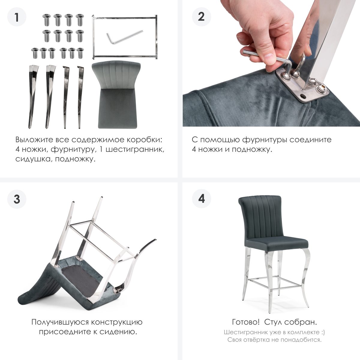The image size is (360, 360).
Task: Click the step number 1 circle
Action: pyautogui.click(x=17, y=17)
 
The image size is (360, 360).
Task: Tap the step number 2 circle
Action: pyautogui.click(x=201, y=17)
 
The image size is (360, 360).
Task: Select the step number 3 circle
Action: pyautogui.click(x=17, y=199)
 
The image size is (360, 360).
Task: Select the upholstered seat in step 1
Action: pyautogui.click(x=116, y=95)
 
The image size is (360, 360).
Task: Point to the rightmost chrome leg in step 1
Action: pyautogui.click(x=80, y=97)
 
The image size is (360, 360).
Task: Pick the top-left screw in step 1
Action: pyautogui.click(x=46, y=19)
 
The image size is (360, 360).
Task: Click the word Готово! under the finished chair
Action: pyautogui.click(x=246, y=322)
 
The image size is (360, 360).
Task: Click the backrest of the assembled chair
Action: pyautogui.click(x=261, y=219)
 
